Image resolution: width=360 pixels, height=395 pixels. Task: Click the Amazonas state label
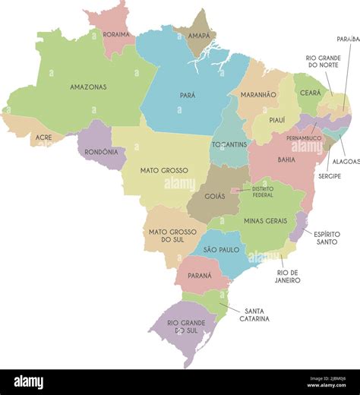coord(88,87)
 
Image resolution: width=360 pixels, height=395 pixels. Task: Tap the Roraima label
coord(116,34)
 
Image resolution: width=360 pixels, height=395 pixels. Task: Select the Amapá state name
coord(199,36)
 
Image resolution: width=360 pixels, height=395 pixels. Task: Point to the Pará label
coord(187,96)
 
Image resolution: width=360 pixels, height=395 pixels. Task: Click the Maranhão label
coord(258,95)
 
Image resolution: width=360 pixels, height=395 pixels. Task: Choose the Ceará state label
coord(310,93)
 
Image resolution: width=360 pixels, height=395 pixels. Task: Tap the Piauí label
coord(277,119)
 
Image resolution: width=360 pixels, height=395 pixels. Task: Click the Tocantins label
coord(230,144)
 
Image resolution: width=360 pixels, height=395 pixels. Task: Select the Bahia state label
coord(286,160)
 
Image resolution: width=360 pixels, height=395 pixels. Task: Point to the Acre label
coord(44,137)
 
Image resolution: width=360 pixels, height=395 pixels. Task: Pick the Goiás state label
coord(214,196)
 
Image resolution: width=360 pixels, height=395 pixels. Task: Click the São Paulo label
coord(221,249)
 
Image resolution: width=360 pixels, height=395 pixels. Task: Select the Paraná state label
coord(199,276)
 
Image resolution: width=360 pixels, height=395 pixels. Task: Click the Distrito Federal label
coord(263,191)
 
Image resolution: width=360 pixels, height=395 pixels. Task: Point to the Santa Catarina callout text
coord(254,314)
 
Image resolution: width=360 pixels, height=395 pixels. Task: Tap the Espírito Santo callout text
coord(327,238)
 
